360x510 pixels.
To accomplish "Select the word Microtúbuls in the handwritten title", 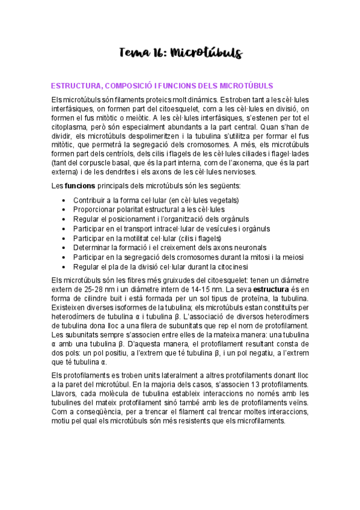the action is pos(206,54).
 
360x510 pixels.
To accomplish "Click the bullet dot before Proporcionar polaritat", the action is pos(65,209).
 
